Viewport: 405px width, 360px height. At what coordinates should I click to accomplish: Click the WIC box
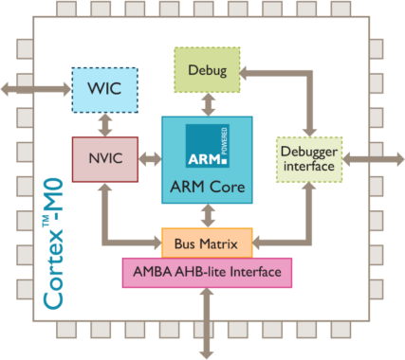(104, 89)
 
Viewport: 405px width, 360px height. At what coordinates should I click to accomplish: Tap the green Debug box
(207, 69)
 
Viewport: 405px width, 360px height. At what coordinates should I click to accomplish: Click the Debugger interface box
(308, 157)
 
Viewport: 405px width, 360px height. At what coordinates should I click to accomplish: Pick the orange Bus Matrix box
(207, 243)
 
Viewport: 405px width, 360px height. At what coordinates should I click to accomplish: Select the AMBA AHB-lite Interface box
(207, 274)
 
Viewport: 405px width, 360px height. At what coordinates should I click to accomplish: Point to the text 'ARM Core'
(207, 187)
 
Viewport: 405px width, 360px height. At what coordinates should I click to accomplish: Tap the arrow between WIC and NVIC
(104, 123)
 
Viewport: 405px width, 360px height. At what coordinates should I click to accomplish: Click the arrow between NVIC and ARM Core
(150, 155)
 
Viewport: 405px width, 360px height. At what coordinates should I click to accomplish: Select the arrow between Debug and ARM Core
(207, 104)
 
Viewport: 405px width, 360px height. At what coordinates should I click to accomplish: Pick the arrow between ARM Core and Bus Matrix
(207, 214)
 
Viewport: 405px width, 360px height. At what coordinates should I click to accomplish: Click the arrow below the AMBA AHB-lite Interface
(207, 322)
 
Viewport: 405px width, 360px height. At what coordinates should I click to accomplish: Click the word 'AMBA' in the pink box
(151, 274)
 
